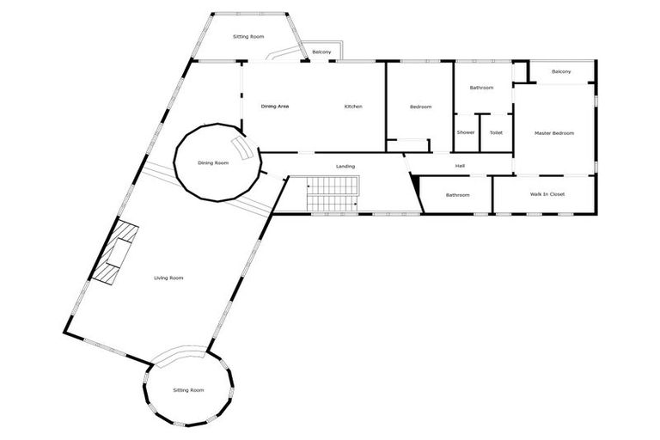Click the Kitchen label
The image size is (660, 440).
(x=353, y=107)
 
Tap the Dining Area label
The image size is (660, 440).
(x=275, y=107)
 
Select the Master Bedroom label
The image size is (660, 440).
(x=553, y=133)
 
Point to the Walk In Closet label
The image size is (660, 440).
(x=547, y=195)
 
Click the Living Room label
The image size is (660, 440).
(x=168, y=278)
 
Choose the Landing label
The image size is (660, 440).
(x=345, y=166)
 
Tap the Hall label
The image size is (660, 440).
(x=460, y=166)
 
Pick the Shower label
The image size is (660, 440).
(x=466, y=132)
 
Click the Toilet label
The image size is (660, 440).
(x=496, y=132)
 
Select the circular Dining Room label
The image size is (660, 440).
(x=212, y=162)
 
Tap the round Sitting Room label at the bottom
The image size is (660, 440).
(x=188, y=390)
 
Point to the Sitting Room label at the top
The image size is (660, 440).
(x=248, y=37)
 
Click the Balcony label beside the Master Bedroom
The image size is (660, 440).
(x=561, y=71)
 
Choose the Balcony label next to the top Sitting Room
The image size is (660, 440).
(x=321, y=52)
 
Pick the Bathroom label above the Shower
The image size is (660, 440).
(x=481, y=88)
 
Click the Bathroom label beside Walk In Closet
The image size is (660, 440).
(x=457, y=195)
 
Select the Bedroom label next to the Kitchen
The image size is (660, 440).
(x=420, y=107)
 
